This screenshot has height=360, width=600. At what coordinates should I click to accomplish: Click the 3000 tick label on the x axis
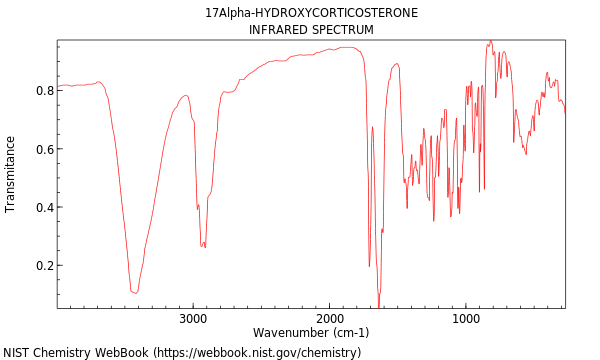click(193, 319)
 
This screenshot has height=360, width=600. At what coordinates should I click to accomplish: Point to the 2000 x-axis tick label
click(329, 319)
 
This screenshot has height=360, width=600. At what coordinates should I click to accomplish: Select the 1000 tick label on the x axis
click(465, 319)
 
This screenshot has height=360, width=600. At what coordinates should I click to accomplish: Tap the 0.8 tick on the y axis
click(44, 91)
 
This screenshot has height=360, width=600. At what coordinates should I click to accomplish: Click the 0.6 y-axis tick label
click(44, 150)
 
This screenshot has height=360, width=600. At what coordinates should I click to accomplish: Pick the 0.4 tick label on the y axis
click(44, 208)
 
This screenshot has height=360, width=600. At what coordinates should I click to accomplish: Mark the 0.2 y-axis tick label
click(44, 266)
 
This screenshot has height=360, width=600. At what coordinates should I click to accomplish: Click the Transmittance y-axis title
click(11, 174)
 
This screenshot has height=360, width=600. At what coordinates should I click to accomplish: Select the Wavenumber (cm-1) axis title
click(311, 333)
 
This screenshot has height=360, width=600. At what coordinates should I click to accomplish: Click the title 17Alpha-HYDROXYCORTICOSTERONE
click(311, 13)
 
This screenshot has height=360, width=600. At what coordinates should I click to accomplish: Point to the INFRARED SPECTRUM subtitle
click(311, 30)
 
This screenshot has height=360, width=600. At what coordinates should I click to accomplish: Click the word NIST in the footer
click(18, 353)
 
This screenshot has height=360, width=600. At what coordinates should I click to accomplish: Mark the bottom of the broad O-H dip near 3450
click(134, 292)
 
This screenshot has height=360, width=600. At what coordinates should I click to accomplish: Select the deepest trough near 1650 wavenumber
click(378, 306)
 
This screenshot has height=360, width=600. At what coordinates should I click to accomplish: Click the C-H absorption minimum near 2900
click(203, 246)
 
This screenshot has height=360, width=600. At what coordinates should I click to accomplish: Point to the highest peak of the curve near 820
click(490, 41)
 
